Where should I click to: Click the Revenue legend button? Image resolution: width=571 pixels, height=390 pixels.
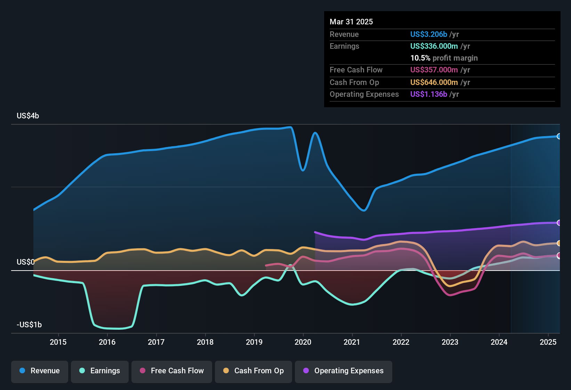[40, 371]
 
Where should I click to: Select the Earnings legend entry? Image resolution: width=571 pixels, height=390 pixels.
[100, 371]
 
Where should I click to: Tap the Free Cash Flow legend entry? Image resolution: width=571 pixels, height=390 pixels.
[172, 371]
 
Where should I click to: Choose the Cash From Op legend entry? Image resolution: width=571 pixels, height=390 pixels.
[254, 371]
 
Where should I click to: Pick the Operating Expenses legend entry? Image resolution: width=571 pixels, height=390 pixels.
[344, 371]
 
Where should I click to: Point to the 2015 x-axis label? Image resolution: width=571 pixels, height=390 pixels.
[58, 342]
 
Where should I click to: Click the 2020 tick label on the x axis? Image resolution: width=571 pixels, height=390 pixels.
[303, 342]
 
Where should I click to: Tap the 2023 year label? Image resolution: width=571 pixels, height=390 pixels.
[450, 342]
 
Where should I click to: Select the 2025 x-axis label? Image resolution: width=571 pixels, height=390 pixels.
[548, 342]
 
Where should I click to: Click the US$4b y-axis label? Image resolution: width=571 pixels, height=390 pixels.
[28, 116]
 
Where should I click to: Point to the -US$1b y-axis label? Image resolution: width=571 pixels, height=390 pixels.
[29, 325]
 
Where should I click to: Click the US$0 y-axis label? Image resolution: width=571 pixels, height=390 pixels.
[25, 262]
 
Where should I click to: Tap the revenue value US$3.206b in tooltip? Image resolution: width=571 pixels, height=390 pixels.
[428, 34]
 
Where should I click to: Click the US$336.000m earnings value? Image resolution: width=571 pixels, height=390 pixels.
[434, 46]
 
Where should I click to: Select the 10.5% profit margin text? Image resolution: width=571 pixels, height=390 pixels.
[444, 58]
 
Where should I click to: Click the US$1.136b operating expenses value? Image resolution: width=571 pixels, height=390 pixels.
[428, 94]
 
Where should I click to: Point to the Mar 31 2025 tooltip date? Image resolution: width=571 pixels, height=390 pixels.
[351, 22]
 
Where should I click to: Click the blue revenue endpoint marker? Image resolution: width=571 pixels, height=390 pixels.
[559, 136]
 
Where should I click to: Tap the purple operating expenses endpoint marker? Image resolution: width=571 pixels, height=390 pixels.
[559, 223]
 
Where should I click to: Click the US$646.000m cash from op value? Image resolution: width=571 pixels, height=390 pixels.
[434, 82]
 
